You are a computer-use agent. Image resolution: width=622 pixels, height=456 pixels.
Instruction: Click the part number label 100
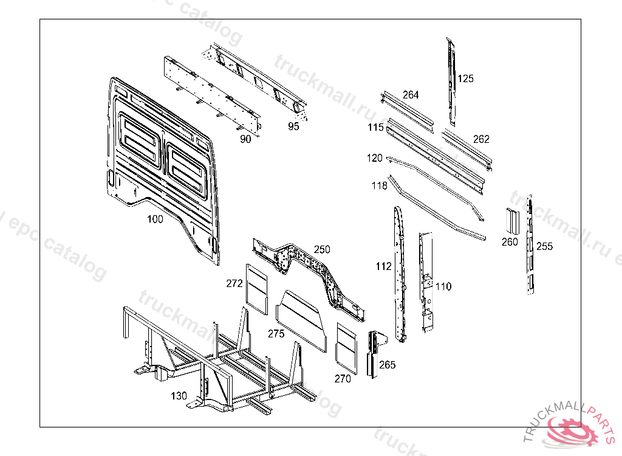155,219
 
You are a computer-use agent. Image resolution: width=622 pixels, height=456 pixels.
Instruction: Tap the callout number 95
293,127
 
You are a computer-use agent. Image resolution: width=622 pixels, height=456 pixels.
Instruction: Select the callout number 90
245,139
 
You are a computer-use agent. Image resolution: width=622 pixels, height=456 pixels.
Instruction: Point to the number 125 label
465,78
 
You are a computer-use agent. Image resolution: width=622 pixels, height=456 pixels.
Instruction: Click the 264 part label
411,95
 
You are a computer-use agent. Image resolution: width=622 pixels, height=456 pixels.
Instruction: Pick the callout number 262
481,139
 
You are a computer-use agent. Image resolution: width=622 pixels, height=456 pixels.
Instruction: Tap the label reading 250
322,249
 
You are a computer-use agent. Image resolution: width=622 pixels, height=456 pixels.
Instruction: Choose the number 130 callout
179,396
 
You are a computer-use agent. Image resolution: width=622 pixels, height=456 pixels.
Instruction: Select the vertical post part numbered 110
426,283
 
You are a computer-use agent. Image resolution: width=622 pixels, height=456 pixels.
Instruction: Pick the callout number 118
380,185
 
